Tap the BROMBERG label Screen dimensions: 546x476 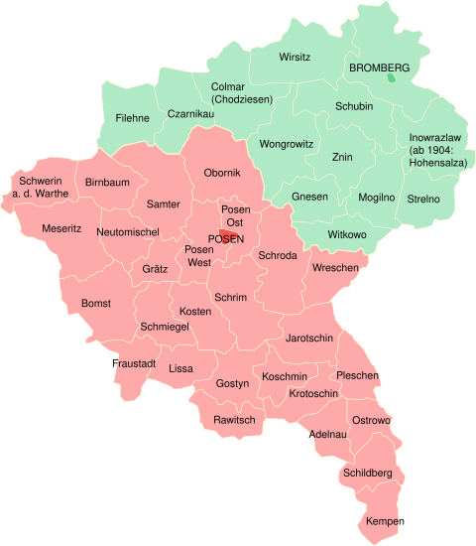[380, 68]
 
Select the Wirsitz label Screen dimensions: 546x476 [295, 57]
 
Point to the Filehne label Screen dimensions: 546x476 [132, 118]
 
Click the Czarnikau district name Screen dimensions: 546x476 [190, 114]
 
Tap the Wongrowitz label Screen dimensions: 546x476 [286, 144]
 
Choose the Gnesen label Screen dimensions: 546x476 [309, 197]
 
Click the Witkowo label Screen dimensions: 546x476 [347, 234]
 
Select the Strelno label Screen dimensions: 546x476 [423, 199]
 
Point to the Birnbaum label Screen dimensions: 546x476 [107, 183]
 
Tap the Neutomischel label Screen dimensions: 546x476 [129, 231]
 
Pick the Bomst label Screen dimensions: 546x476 [96, 303]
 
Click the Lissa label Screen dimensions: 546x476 [181, 368]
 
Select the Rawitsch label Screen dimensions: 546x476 [234, 420]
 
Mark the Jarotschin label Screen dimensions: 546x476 [308, 339]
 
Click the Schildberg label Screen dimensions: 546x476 [368, 473]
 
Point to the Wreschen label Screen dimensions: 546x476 [335, 269]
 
